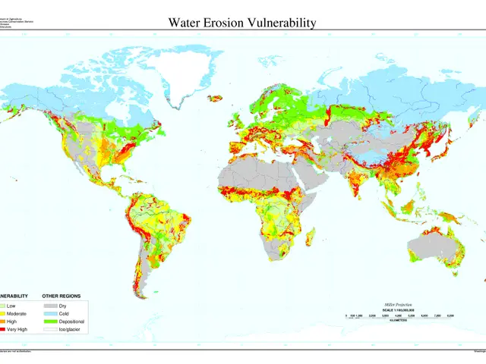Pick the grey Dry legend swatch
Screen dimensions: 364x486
[x=50, y=304]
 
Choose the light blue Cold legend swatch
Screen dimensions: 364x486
[x=50, y=312]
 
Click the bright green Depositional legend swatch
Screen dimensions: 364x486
[x=50, y=321]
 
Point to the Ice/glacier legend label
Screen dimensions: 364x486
[x=72, y=330]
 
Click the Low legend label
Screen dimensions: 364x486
[x=11, y=304]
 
